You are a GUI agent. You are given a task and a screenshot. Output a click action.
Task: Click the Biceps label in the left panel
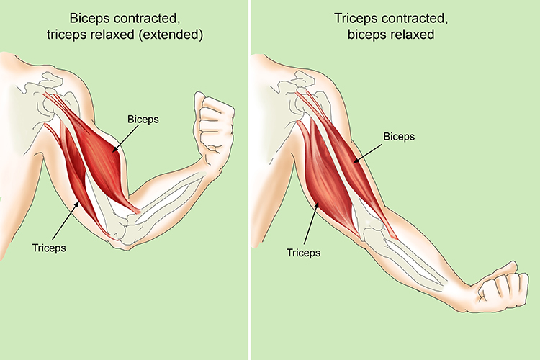pyautogui.click(x=143, y=120)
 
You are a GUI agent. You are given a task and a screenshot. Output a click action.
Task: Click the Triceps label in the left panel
pyautogui.click(x=49, y=248)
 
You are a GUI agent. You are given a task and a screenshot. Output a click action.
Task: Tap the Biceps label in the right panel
pyautogui.click(x=399, y=137)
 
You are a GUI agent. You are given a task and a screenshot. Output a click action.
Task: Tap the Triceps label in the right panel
pyautogui.click(x=303, y=253)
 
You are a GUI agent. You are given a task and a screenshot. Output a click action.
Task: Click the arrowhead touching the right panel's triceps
pyautogui.click(x=317, y=205)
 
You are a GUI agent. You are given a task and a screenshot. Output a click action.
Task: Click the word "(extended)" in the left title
pyautogui.click(x=171, y=35)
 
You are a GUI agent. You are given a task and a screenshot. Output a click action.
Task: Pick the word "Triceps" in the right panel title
pyautogui.click(x=356, y=18)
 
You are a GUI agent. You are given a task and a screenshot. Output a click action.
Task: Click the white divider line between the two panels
pyautogui.click(x=249, y=180)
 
